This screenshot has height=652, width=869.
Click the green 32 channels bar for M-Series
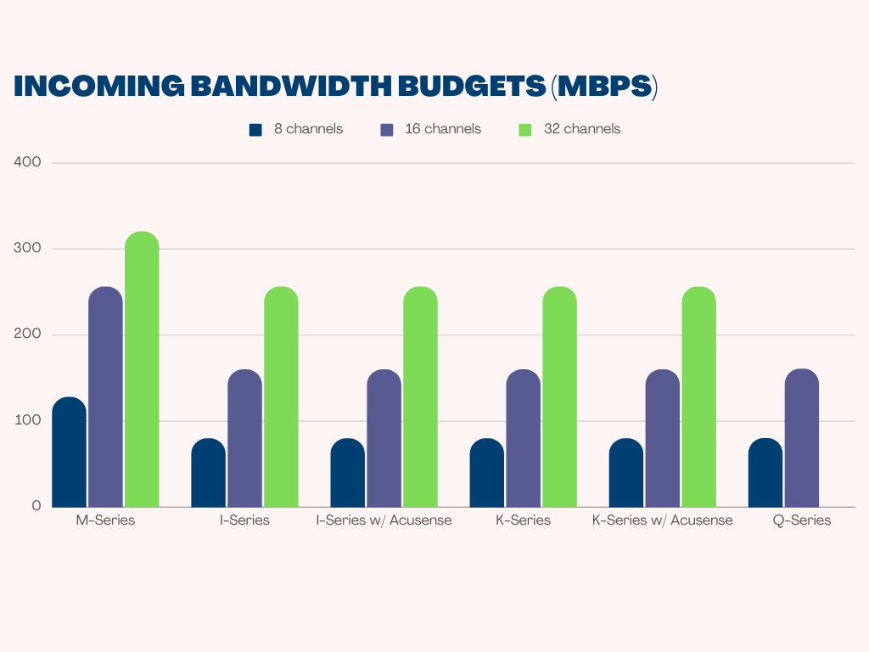pos(142,369)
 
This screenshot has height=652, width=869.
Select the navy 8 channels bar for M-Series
pos(69,452)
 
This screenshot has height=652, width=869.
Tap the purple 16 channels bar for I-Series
pos(244,438)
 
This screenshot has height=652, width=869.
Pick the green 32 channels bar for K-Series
pos(559,396)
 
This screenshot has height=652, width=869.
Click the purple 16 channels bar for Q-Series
pos(802,438)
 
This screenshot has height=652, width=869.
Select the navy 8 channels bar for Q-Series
pos(765,472)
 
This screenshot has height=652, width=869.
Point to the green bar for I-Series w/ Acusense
pos(420,396)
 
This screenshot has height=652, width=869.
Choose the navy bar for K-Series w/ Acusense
pos(626,472)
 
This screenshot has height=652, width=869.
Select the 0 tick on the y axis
pos(36,506)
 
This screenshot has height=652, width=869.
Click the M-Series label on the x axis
pos(105,520)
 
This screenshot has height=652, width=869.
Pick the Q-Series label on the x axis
pos(802,520)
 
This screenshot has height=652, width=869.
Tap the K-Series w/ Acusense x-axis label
pos(662,520)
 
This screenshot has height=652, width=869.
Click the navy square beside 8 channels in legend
pos(255,130)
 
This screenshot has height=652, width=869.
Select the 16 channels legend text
pos(442,129)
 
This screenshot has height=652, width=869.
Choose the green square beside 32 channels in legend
pos(524,130)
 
